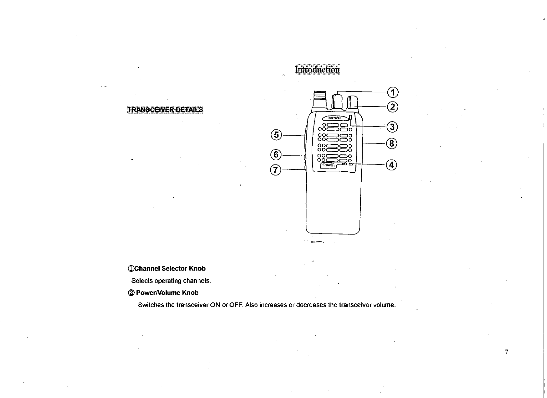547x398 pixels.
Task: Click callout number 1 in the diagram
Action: tap(392, 93)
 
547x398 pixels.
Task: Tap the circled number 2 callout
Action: tap(392, 107)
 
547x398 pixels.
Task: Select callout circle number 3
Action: tap(392, 126)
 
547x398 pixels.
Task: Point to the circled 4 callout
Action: tap(392, 165)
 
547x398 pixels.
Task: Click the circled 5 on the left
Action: tap(276, 135)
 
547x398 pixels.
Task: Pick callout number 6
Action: tap(276, 155)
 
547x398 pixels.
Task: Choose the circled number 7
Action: tap(276, 170)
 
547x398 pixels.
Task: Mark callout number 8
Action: tap(392, 143)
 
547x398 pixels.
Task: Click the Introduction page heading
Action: tap(317, 70)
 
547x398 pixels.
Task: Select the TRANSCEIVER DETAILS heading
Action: tap(165, 110)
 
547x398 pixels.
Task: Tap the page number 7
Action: tap(506, 352)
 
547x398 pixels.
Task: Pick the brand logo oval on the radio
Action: tap(334, 118)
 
